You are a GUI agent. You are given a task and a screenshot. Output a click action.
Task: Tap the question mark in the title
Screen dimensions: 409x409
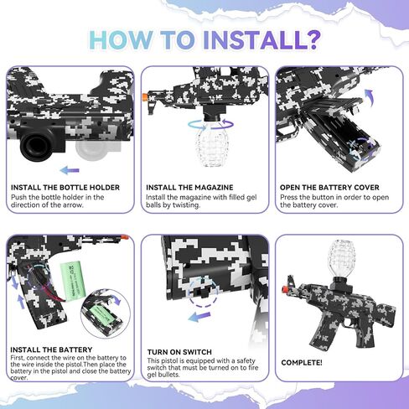tap(313, 39)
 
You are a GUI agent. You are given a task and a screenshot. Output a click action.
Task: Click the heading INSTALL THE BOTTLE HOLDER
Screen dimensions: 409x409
tap(65, 188)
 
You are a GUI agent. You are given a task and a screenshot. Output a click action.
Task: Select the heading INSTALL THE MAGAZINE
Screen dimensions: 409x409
tap(189, 188)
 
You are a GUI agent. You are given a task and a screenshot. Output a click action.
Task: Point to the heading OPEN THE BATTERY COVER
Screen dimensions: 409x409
tap(329, 188)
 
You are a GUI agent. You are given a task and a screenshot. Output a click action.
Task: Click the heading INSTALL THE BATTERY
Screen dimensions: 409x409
tap(51, 349)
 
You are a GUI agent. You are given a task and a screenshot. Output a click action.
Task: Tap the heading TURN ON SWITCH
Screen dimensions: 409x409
tap(179, 352)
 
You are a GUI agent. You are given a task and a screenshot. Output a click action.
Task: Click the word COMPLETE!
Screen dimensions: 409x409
tap(302, 363)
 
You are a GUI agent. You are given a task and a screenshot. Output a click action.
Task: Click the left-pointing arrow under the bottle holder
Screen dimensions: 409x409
tap(70, 170)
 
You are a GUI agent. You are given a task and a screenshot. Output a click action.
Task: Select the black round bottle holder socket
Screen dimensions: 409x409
tap(36, 145)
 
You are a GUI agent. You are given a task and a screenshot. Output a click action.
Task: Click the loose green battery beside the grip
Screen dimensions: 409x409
tap(73, 281)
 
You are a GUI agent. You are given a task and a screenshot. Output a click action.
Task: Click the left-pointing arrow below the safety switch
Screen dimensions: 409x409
tap(199, 317)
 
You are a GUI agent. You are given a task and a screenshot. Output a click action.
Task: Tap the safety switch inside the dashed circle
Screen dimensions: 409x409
tap(203, 292)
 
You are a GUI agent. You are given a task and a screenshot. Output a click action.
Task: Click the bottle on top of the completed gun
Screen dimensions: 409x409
tap(341, 258)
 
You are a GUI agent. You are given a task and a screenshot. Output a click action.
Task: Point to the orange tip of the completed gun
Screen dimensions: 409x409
tap(285, 290)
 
